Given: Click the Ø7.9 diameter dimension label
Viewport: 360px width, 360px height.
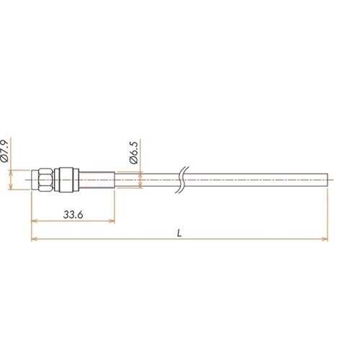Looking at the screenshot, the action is (5, 150).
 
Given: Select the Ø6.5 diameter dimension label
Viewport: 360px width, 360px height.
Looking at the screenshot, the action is (134, 153).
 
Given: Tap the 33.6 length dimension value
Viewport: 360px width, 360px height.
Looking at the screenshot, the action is (73, 215).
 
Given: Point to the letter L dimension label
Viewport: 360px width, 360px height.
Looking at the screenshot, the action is (179, 233).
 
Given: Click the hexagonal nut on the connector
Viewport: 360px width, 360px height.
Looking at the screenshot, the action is (45, 180).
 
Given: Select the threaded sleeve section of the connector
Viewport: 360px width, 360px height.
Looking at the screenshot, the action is (96, 180).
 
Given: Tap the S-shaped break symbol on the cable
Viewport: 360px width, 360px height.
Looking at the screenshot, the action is (182, 180).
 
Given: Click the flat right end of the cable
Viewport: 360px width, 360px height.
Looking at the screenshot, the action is (328, 180).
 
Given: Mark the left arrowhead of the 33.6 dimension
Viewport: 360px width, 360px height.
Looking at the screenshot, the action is (35, 221).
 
